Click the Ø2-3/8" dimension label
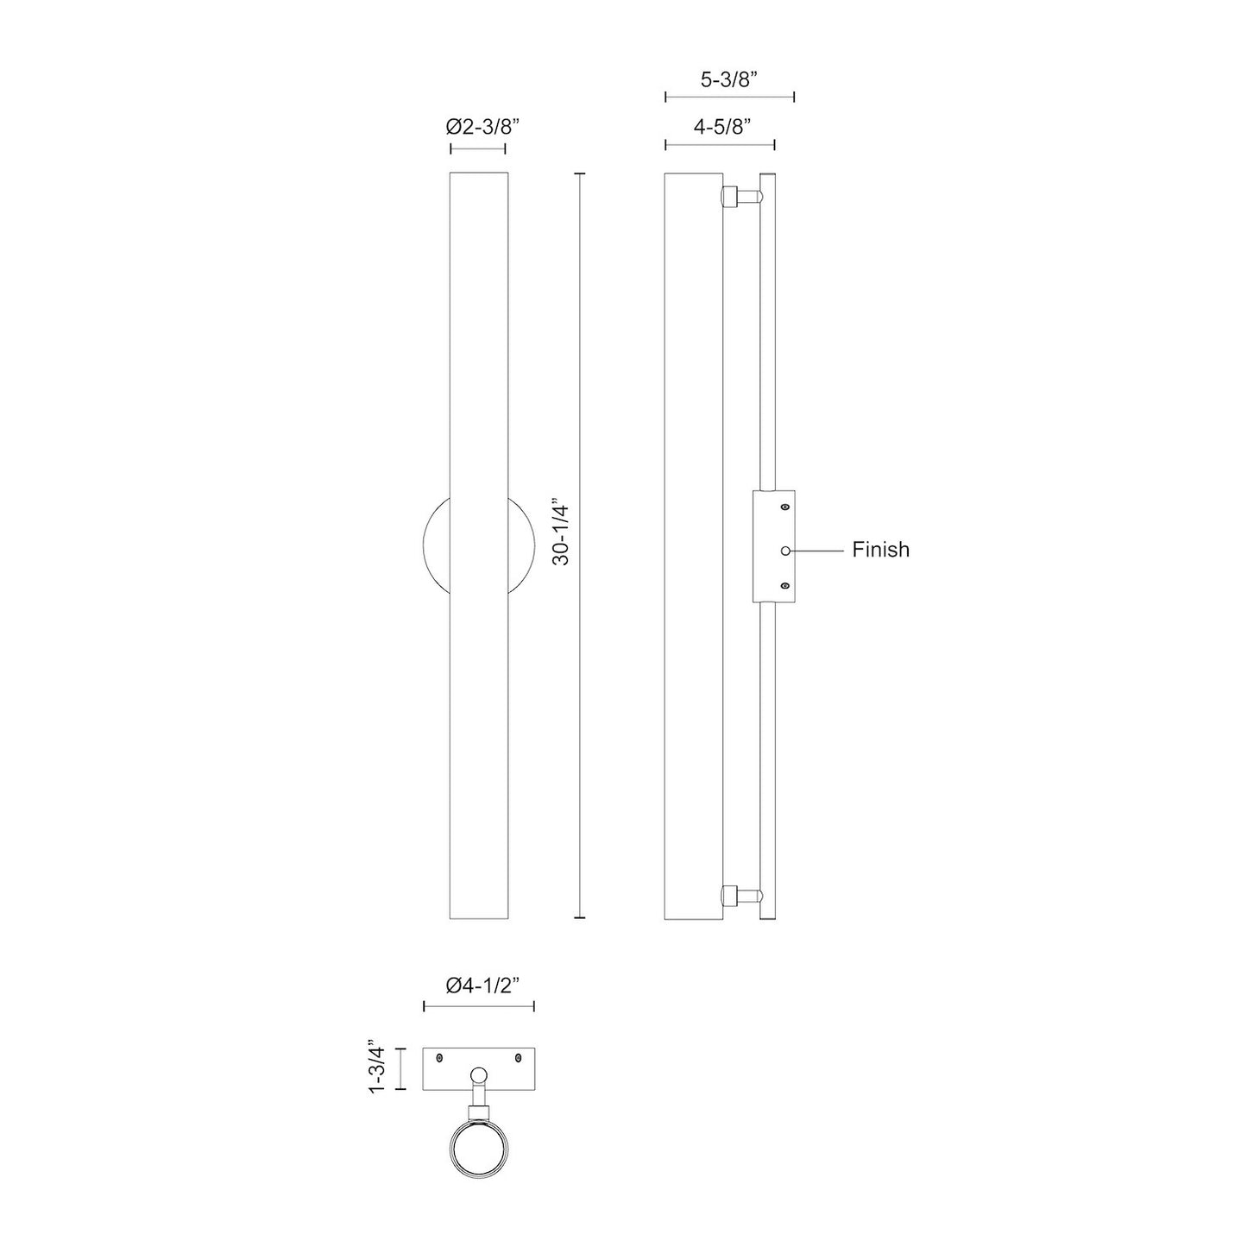(x=482, y=127)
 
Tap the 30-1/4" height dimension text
(x=562, y=531)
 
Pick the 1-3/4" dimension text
(x=376, y=1068)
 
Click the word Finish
(x=880, y=550)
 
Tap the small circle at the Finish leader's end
(x=785, y=550)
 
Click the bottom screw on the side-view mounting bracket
(x=785, y=587)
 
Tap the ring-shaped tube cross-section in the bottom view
(x=478, y=1149)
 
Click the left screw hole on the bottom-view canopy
(x=440, y=1057)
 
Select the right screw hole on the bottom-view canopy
(x=518, y=1057)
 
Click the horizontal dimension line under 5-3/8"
(x=729, y=97)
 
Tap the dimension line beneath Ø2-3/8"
(x=477, y=148)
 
